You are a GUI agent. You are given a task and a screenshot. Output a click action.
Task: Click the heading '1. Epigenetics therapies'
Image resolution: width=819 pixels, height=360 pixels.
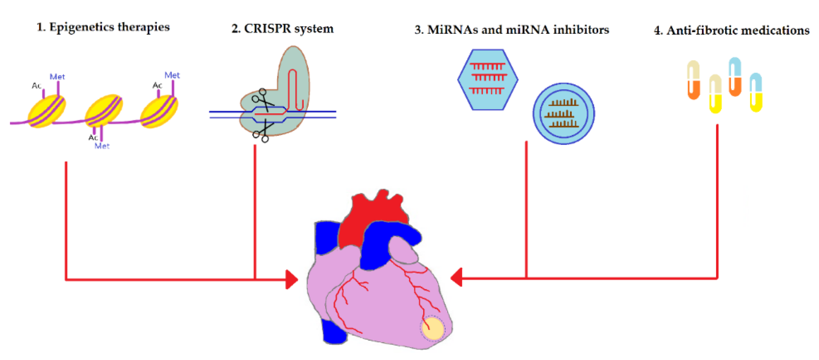[x=103, y=27]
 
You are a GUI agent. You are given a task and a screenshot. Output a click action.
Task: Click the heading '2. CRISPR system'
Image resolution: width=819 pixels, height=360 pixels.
[x=282, y=29]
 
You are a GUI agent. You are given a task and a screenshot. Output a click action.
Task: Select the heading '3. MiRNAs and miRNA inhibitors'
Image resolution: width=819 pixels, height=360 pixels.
[x=511, y=30]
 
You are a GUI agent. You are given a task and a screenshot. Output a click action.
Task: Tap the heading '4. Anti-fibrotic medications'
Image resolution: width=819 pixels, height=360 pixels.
[x=731, y=30]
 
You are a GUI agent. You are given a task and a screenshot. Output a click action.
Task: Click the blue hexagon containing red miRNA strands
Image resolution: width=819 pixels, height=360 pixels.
[x=487, y=79]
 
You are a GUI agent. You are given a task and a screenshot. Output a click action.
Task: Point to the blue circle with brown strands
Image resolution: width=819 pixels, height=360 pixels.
[x=563, y=114]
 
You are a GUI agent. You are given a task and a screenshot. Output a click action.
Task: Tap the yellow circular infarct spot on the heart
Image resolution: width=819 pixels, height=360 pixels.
[x=432, y=328]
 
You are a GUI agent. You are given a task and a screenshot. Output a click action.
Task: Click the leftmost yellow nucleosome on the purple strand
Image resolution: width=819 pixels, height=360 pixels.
[x=47, y=111]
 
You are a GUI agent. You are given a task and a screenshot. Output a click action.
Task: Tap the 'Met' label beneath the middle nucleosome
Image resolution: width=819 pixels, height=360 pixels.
[x=102, y=146]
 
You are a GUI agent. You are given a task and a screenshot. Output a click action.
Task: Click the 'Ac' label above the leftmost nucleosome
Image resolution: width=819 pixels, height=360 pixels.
[x=36, y=86]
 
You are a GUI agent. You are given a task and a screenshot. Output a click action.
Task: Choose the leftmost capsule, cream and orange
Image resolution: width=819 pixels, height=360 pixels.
[x=694, y=80]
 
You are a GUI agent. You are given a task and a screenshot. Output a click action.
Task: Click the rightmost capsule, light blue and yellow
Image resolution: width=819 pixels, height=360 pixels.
[x=756, y=92]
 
